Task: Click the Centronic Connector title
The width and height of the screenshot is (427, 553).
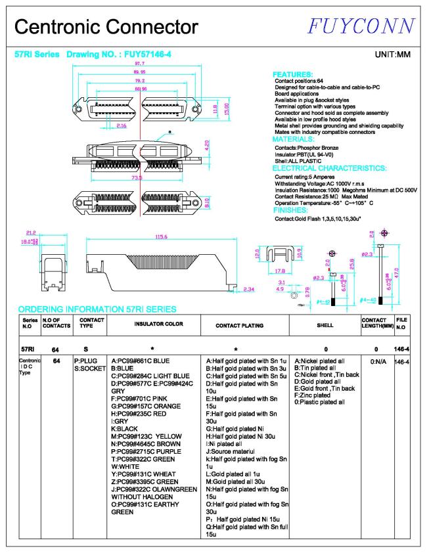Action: tap(106, 27)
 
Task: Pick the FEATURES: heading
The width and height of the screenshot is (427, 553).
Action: tap(292, 75)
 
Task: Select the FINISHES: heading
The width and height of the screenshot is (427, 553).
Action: tap(294, 210)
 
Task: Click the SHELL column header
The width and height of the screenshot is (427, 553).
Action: tap(325, 324)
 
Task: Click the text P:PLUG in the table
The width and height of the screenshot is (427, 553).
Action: tap(85, 361)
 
